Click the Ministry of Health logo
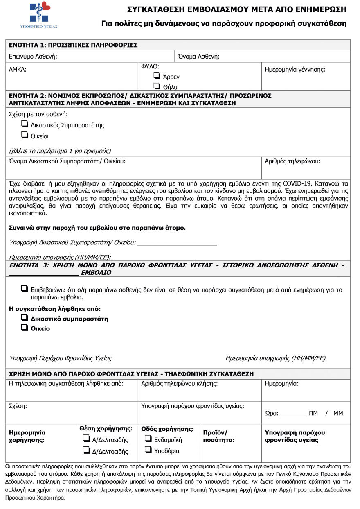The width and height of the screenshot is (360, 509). pyautogui.click(x=39, y=15)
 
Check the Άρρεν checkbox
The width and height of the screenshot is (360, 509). pyautogui.click(x=156, y=76)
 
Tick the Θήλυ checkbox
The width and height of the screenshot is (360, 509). pyautogui.click(x=156, y=86)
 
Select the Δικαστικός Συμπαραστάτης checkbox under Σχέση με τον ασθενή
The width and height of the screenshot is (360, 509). pyautogui.click(x=25, y=124)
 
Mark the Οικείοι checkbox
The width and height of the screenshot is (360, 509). pyautogui.click(x=25, y=135)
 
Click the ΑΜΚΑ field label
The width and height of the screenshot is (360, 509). pyautogui.click(x=18, y=70)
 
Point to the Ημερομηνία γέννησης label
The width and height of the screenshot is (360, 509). pyautogui.click(x=295, y=70)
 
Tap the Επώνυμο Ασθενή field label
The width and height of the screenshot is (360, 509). pyautogui.click(x=33, y=57)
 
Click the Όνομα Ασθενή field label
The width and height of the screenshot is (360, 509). pyautogui.click(x=198, y=57)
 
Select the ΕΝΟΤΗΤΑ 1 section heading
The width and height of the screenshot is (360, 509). pyautogui.click(x=73, y=45)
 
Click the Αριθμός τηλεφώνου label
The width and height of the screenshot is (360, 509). pyautogui.click(x=292, y=161)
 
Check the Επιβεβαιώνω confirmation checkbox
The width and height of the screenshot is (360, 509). pyautogui.click(x=25, y=288)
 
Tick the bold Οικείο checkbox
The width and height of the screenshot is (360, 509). pyautogui.click(x=25, y=328)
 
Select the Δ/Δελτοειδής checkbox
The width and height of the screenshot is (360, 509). pyautogui.click(x=86, y=450)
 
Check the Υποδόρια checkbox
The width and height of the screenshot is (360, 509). pyautogui.click(x=148, y=450)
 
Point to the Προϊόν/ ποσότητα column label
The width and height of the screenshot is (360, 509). pyautogui.click(x=218, y=437)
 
